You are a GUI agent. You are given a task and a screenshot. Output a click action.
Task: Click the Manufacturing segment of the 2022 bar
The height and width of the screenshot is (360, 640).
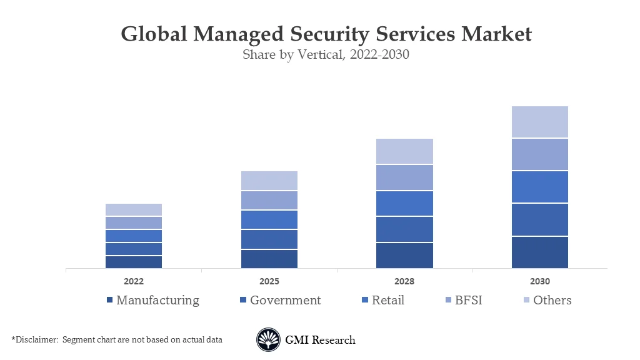point(134,262)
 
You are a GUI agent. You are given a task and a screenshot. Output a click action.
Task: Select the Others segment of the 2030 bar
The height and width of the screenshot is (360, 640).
point(539,122)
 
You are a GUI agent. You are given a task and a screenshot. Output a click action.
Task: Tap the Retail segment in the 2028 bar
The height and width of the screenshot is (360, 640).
point(404,204)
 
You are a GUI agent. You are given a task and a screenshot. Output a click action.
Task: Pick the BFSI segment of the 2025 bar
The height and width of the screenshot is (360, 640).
point(269,200)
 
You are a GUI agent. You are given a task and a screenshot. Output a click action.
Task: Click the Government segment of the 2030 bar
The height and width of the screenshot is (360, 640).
point(539,219)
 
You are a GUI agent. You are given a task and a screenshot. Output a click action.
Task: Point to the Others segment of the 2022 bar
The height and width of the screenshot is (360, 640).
point(134,209)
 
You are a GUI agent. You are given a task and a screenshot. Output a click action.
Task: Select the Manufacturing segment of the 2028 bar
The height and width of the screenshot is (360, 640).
point(404,256)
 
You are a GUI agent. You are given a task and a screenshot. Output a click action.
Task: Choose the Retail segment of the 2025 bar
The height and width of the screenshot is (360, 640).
point(269,219)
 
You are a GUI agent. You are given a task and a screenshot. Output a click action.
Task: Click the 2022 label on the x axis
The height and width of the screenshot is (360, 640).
point(134,281)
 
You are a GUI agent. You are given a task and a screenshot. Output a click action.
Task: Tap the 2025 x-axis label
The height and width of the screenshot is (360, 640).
point(269,281)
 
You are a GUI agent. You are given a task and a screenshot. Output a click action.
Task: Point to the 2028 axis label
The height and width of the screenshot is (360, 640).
point(404,281)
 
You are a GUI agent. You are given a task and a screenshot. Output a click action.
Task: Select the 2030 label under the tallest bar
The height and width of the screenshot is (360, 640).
point(539,281)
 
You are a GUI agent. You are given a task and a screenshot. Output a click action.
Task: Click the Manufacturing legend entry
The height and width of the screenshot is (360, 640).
point(157,300)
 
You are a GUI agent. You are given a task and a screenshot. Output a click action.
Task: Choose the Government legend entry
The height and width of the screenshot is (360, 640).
point(285,300)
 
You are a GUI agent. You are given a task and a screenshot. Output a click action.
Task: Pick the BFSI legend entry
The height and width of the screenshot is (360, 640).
point(468,300)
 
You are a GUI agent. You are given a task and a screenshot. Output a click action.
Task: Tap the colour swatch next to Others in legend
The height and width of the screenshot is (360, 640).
point(526,301)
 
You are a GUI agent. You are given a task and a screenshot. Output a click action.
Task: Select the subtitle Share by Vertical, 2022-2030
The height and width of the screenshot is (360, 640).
point(326,54)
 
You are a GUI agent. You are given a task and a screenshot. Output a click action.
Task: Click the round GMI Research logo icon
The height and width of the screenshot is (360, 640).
point(268,340)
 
